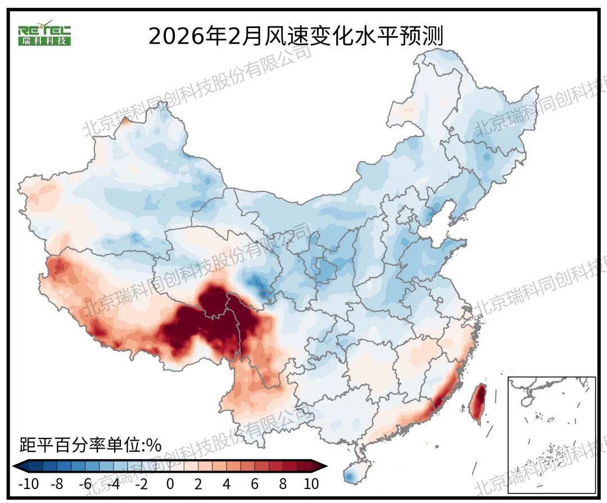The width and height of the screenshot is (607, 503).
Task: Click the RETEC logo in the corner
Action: (44, 35)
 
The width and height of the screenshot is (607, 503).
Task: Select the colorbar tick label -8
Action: (57, 484)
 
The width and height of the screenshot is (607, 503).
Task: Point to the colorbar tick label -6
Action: (85, 484)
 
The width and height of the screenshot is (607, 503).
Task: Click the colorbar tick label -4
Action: (113, 484)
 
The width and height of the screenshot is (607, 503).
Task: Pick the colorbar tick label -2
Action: (141, 484)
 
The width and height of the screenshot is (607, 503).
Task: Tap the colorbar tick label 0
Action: (170, 484)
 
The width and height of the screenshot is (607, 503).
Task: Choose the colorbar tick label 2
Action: (198, 484)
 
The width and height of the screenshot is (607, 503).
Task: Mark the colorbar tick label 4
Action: (226, 484)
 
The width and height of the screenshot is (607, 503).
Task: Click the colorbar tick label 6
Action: (254, 484)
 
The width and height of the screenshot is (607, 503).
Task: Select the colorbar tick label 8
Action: (282, 484)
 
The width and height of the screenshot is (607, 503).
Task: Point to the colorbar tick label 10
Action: (310, 484)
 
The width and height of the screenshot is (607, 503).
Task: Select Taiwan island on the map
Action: (478, 403)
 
